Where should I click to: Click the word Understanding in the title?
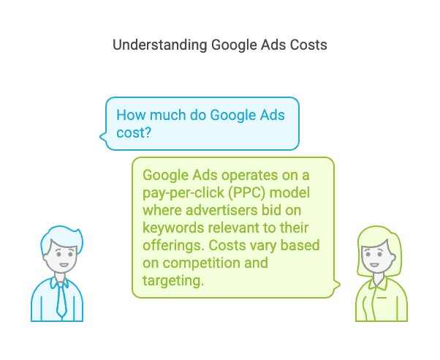pos(159,45)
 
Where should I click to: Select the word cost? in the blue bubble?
pos(134,132)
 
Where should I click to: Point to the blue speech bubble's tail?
pos(103,137)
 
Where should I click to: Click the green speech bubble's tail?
pos(337,285)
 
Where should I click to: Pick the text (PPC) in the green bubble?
pos(246,193)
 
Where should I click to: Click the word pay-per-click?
pos(183,193)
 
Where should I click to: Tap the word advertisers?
pos(221,210)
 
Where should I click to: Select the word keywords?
pos(173,228)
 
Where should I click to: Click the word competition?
pos(202,263)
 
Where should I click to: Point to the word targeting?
pos(172,281)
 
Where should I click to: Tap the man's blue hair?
pos(62,239)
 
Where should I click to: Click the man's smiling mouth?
pos(64,265)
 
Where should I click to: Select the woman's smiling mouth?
pos(374,265)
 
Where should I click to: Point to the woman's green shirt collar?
pos(379,283)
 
